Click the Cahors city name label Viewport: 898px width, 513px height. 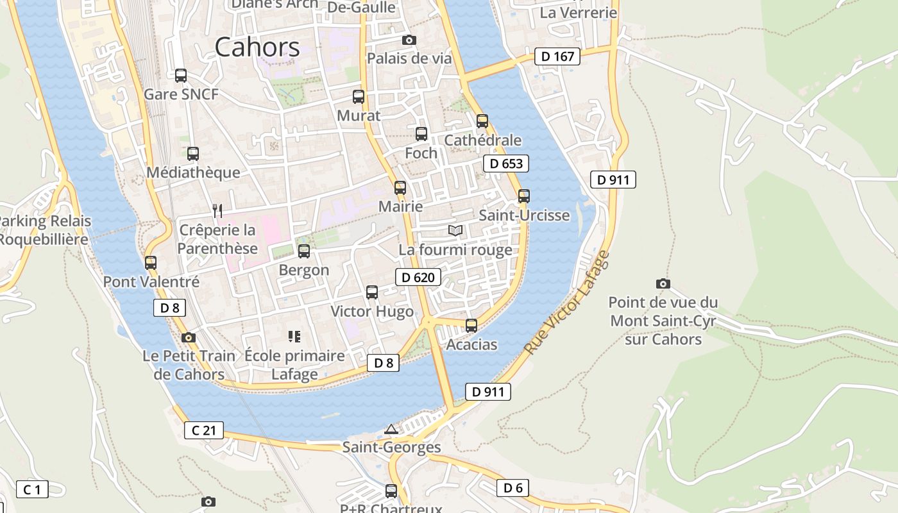click(257, 47)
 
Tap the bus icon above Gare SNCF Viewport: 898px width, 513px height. click(181, 76)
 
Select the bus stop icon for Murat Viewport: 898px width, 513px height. click(359, 97)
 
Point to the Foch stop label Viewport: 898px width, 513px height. click(421, 153)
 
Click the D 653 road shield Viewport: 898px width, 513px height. click(506, 164)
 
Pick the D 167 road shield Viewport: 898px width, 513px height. click(557, 56)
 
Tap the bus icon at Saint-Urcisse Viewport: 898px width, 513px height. click(524, 196)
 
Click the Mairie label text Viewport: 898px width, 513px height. click(401, 206)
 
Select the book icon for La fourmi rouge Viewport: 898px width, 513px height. click(455, 230)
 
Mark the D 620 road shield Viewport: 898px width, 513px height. click(418, 278)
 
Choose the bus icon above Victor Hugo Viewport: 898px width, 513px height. click(372, 292)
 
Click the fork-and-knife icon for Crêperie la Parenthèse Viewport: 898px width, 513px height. click(217, 210)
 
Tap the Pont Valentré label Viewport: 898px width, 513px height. click(151, 282)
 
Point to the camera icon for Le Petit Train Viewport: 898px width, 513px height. click(188, 337)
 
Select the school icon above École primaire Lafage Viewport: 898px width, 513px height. click(295, 336)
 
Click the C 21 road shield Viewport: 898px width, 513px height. click(204, 430)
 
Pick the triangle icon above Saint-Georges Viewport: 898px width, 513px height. click(391, 428)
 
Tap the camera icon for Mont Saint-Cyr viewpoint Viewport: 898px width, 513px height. click(663, 283)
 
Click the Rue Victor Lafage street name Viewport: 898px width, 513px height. click(566, 303)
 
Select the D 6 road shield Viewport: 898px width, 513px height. click(513, 488)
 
